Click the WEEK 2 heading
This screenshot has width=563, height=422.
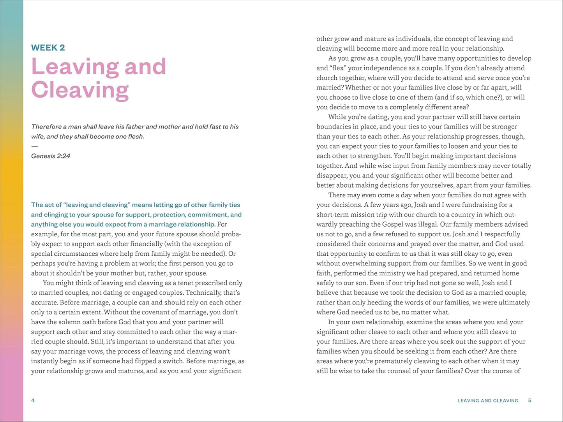48,48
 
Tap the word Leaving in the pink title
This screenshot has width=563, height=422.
75,67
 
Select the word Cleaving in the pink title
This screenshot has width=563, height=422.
80,90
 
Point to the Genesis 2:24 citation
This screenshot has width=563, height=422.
51,156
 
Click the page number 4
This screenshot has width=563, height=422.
33,400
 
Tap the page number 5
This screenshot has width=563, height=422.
529,400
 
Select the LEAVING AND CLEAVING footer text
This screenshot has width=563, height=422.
488,401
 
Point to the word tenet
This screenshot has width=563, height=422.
169,283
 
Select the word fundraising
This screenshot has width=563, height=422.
478,205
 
